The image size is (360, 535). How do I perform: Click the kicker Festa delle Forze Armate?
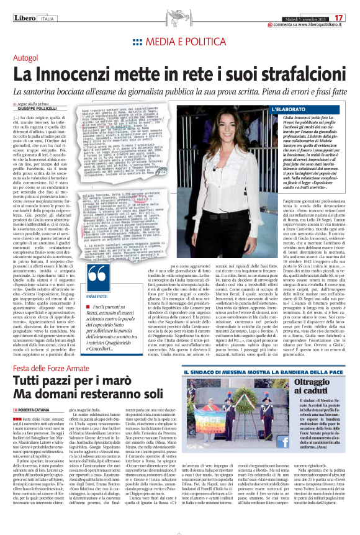[x=52, y=353]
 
